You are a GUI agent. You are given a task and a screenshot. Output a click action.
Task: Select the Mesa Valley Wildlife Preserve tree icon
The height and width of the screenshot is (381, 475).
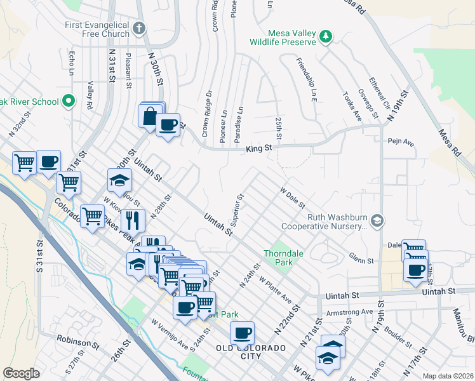tap(326, 36)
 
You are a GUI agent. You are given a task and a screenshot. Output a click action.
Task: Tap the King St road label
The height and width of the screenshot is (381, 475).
tap(258, 148)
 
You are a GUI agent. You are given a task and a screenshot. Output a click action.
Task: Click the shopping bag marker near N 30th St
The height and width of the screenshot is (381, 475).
tap(149, 116)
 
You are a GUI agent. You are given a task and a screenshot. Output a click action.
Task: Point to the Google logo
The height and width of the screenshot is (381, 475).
tap(21, 373)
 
